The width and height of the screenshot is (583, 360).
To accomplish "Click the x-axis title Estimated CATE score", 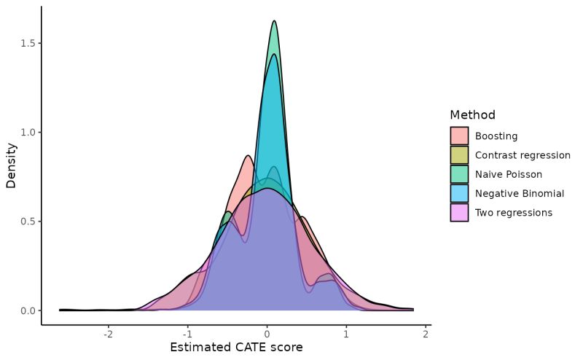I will (x=236, y=348).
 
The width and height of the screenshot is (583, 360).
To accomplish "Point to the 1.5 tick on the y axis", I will (x=28, y=43).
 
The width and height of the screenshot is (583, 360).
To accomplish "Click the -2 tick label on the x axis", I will (x=108, y=334).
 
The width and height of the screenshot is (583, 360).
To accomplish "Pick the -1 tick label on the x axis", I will (x=187, y=334).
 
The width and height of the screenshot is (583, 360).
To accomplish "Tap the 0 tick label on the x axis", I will (x=267, y=334).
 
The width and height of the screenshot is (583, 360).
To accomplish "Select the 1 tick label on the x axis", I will (x=346, y=334).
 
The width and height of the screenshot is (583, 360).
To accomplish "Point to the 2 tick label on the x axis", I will (x=426, y=334).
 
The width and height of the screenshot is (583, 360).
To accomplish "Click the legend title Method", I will (x=472, y=115).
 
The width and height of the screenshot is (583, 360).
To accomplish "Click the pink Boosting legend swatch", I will (x=459, y=136).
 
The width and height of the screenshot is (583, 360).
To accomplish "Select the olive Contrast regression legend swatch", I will (x=459, y=155).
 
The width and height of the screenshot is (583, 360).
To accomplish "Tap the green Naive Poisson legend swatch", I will (x=459, y=174).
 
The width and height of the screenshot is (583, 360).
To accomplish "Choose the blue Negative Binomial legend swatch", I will (x=459, y=193).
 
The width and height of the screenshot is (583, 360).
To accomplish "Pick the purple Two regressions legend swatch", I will (x=459, y=213).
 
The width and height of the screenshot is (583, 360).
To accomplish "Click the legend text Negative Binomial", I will (x=519, y=193).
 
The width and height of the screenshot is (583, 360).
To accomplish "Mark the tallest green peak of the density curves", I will (x=274, y=21).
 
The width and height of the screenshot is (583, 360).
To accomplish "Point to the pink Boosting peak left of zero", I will (x=248, y=156).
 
